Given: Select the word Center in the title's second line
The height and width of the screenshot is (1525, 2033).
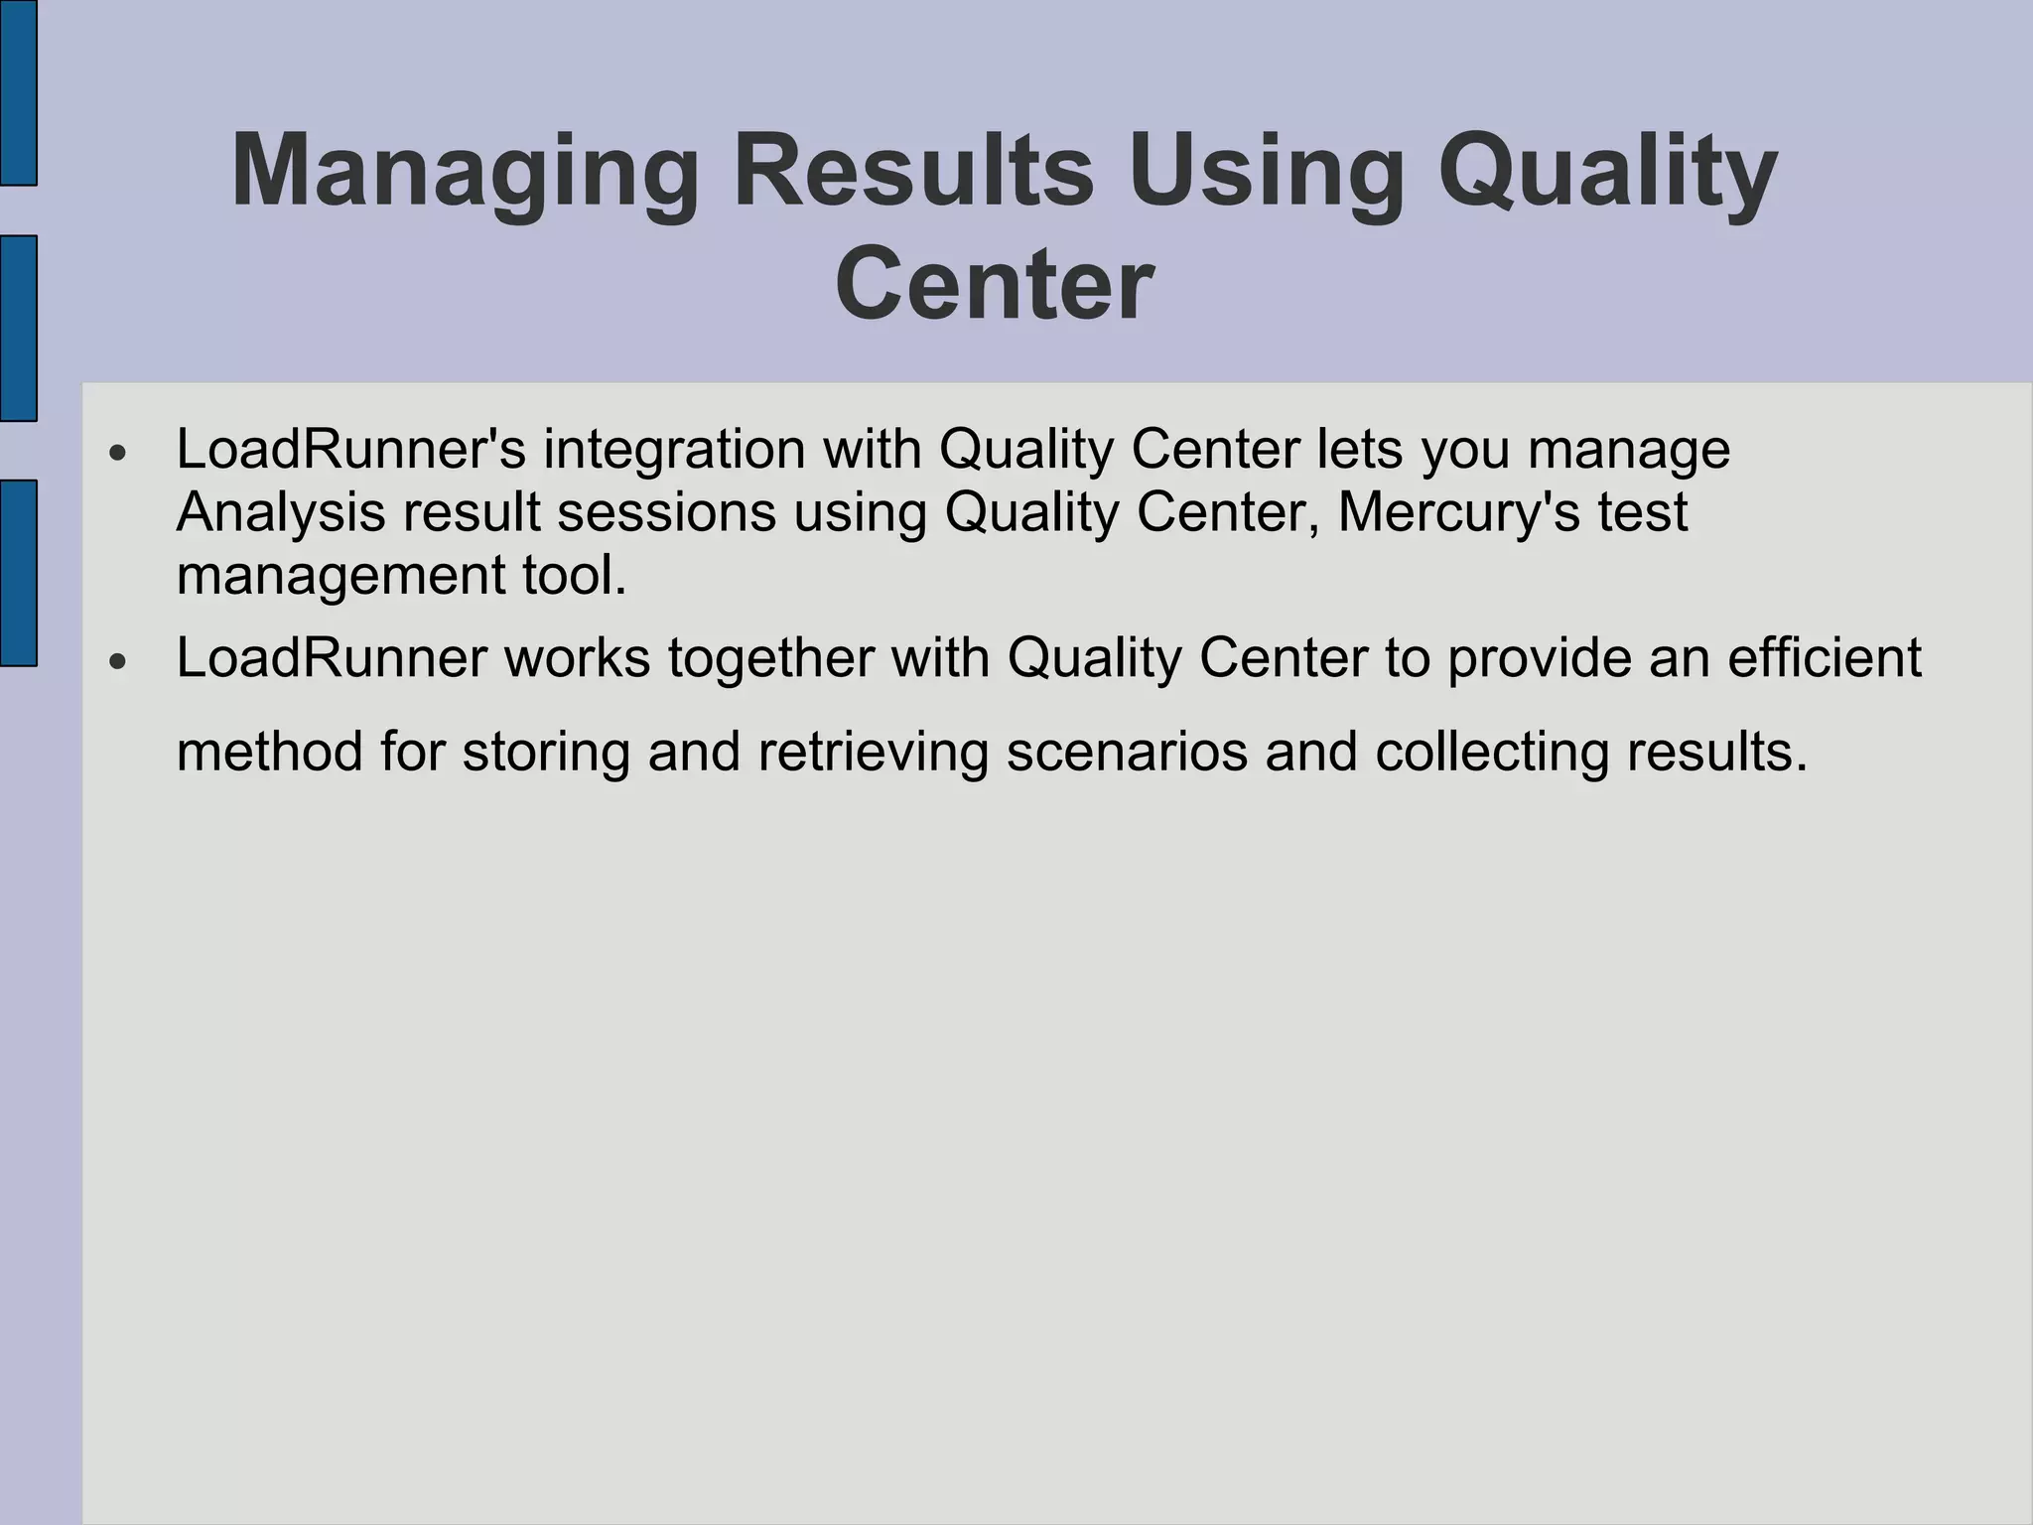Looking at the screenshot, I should tap(995, 285).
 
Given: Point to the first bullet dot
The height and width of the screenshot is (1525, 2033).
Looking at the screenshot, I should tap(118, 453).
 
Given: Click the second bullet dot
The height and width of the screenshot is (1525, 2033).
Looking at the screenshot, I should tap(118, 661).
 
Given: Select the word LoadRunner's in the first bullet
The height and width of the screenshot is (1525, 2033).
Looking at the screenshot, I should tap(350, 449).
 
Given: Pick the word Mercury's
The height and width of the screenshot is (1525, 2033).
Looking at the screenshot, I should tap(1458, 513).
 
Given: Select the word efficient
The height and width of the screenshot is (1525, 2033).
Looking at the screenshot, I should tap(1825, 658).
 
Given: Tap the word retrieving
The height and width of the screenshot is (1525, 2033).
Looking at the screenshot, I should tap(874, 752).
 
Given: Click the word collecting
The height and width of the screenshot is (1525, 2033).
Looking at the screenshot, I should tap(1492, 752).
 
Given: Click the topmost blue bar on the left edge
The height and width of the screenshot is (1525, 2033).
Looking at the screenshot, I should tap(18, 92).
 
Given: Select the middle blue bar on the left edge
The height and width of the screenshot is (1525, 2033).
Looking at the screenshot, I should tap(18, 329).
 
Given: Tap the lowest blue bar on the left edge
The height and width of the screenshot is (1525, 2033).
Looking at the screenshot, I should tap(18, 573).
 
